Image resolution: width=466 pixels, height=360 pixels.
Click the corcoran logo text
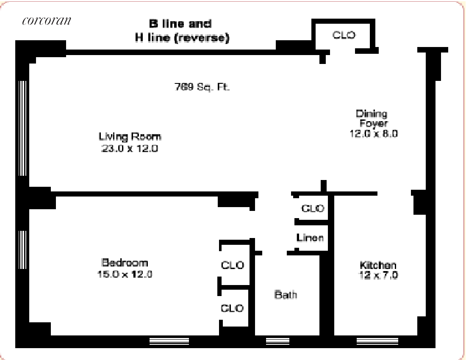point(46,21)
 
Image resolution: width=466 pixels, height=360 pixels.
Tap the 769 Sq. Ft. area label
point(202,87)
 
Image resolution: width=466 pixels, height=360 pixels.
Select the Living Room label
point(130,137)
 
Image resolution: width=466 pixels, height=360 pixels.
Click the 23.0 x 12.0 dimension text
point(130,148)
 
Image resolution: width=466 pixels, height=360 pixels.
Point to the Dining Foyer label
point(372,118)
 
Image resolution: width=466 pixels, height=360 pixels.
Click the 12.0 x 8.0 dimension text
point(374,133)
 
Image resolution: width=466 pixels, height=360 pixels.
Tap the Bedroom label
point(125,262)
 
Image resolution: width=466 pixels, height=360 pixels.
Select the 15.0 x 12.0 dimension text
point(125,274)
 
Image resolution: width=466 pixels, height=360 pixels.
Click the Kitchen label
point(378,265)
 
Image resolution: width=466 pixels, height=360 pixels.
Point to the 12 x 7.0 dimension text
point(378,275)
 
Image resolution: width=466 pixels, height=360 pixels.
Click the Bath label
point(286,294)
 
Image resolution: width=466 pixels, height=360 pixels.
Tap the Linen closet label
point(310,238)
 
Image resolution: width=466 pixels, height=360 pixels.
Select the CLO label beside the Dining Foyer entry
point(344,35)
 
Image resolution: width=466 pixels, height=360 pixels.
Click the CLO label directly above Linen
point(313,208)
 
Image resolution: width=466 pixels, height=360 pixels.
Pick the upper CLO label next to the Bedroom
point(233,265)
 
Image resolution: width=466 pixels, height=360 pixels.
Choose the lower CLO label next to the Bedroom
point(232,308)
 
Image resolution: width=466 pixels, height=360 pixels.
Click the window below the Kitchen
point(377,341)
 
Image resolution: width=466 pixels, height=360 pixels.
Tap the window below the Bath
point(277,341)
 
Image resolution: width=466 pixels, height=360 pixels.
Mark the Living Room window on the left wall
point(23,128)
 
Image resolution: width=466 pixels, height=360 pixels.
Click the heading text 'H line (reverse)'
point(182,38)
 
